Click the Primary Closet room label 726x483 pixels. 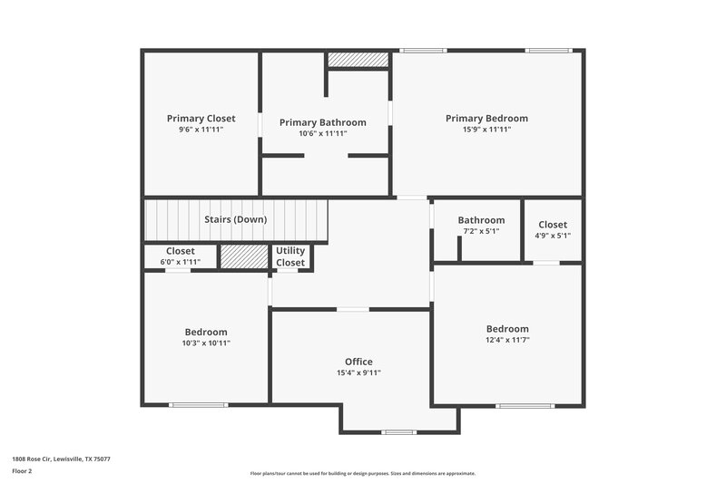pyautogui.click(x=201, y=118)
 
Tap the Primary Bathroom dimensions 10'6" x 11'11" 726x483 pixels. pyautogui.click(x=322, y=133)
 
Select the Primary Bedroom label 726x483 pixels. pyautogui.click(x=486, y=118)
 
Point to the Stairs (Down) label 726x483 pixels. pyautogui.click(x=235, y=219)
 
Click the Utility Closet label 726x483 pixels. pyautogui.click(x=290, y=256)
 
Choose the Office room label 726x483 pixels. pyautogui.click(x=358, y=362)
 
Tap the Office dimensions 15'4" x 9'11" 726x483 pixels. pyautogui.click(x=358, y=372)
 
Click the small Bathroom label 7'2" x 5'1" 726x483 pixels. pyautogui.click(x=481, y=220)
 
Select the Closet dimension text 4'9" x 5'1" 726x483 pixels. pyautogui.click(x=553, y=236)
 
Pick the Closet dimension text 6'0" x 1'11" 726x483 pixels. pyautogui.click(x=180, y=262)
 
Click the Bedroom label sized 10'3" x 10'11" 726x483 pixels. pyautogui.click(x=206, y=332)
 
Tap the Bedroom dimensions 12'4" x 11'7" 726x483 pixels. pyautogui.click(x=506, y=340)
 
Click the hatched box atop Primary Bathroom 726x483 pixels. pyautogui.click(x=358, y=60)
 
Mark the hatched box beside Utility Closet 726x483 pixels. pyautogui.click(x=244, y=257)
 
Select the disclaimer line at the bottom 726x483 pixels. pyautogui.click(x=362, y=473)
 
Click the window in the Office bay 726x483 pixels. pyautogui.click(x=398, y=431)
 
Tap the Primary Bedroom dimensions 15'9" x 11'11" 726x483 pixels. pyautogui.click(x=486, y=130)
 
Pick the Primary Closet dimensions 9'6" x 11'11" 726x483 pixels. pyautogui.click(x=201, y=130)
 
